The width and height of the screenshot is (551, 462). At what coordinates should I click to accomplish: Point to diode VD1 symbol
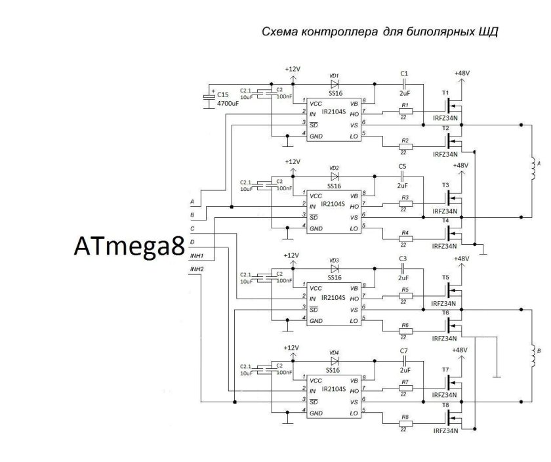[334, 84]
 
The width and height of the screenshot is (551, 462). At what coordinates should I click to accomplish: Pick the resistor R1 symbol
[406, 113]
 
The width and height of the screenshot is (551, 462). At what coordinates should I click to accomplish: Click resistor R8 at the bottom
[406, 423]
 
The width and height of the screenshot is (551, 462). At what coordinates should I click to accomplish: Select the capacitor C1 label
[404, 73]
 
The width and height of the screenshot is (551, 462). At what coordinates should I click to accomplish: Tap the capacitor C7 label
[404, 352]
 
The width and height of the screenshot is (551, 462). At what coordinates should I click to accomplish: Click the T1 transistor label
[445, 93]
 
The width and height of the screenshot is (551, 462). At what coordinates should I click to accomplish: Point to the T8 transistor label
[445, 405]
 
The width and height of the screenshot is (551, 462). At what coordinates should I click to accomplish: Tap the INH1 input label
[196, 256]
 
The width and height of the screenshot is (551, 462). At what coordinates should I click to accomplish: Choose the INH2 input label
[196, 269]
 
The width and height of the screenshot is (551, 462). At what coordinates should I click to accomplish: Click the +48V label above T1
[462, 73]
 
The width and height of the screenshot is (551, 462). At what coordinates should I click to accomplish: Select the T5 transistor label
[445, 278]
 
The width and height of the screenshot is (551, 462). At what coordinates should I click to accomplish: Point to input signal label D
[192, 242]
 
